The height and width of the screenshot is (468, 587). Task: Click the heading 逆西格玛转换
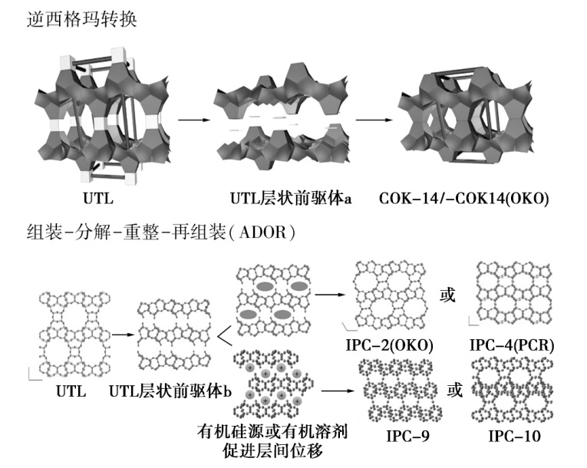point(81,18)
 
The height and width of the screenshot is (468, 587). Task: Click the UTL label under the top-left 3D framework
point(98,198)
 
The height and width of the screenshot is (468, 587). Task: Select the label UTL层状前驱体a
point(291,198)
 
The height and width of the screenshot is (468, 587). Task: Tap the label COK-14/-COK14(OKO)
point(463,198)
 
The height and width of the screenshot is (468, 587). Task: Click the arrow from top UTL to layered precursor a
point(195,120)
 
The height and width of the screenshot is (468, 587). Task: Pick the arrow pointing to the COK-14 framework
point(374,120)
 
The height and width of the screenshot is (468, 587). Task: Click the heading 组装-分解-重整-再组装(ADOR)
point(161,232)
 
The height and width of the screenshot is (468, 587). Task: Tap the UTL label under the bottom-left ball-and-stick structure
point(71,391)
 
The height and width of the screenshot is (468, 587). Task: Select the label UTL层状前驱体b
point(170,391)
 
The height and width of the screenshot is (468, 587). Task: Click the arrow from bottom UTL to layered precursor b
point(123,335)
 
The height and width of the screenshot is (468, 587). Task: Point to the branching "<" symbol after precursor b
point(225,335)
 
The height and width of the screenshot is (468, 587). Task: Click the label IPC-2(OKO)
point(389,344)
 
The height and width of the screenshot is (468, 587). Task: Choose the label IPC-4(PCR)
point(512,344)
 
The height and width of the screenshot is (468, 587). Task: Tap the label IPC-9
point(407,436)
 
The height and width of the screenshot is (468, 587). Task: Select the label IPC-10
point(514,436)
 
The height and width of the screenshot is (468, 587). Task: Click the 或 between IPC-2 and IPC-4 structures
point(447,295)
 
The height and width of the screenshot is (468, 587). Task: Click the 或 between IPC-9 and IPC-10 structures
point(454,390)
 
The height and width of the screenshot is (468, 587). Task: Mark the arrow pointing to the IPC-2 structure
point(330,295)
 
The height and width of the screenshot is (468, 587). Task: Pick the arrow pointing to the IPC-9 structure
point(338,391)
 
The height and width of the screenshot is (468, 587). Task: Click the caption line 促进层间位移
point(273,451)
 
